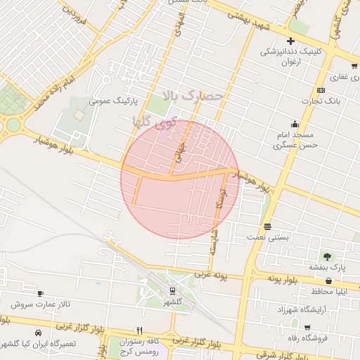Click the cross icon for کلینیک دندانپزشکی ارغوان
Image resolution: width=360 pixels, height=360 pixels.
click(x=290, y=41)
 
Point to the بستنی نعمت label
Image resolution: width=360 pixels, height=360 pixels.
click(x=266, y=238)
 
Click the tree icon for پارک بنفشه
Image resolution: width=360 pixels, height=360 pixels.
click(x=327, y=256)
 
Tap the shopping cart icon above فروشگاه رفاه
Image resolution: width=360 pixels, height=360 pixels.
click(x=307, y=328)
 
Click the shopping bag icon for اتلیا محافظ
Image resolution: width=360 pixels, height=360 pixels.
click(x=328, y=281)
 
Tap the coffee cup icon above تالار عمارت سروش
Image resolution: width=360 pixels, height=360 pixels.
click(x=40, y=293)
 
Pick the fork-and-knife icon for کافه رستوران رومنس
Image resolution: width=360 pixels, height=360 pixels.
click(x=139, y=330)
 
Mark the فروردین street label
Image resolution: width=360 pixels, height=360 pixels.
click(x=75, y=21)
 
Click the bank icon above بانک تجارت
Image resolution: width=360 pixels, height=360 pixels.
click(x=321, y=90)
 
